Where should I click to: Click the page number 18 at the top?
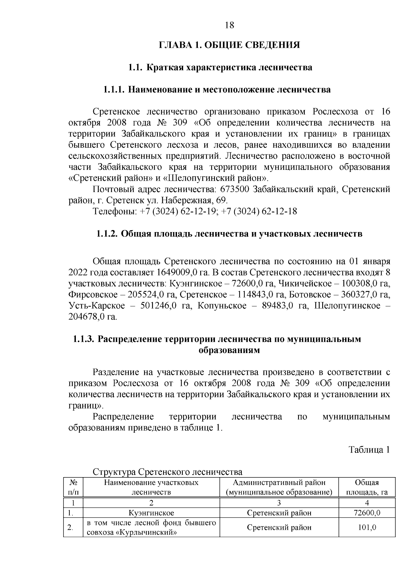point(230,25)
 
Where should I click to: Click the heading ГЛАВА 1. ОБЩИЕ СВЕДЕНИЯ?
point(229,45)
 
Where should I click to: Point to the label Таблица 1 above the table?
point(369,450)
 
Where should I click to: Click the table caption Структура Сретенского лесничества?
point(167,472)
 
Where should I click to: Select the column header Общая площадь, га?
point(367,487)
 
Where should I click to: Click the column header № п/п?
point(73,487)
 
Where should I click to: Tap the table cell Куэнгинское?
point(151,513)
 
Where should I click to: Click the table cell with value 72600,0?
point(367,513)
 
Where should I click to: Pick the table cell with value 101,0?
point(367,527)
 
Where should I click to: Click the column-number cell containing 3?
point(279,503)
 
